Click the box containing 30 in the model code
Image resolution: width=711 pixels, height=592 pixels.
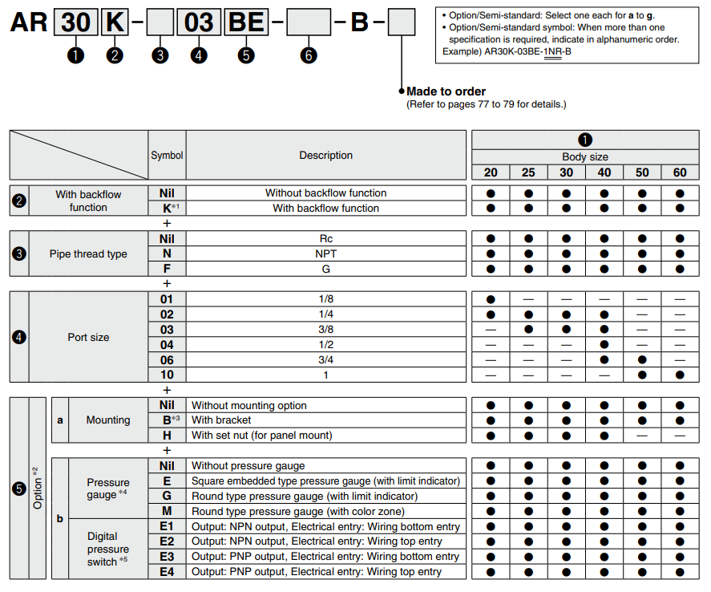(75, 22)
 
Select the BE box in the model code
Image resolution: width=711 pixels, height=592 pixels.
(246, 22)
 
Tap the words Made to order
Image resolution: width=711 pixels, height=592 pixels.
(446, 91)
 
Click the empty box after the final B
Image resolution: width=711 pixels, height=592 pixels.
(401, 22)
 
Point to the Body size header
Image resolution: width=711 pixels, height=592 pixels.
(585, 157)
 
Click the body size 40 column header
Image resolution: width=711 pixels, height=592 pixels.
(604, 172)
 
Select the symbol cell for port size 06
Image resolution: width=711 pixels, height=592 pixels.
(167, 360)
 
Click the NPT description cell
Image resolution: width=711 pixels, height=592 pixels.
(326, 253)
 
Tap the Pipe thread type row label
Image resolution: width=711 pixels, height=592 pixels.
(88, 253)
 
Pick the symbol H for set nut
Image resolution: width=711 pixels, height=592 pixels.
(167, 435)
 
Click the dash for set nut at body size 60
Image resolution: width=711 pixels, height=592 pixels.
(680, 435)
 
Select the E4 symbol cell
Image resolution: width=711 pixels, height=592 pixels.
(167, 571)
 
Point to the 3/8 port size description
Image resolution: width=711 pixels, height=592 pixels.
(326, 329)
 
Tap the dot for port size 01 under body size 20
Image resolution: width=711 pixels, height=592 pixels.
(491, 298)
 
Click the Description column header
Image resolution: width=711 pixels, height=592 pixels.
(326, 156)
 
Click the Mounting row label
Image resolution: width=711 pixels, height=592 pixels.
(108, 420)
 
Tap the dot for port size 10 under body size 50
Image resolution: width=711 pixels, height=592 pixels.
(642, 375)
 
